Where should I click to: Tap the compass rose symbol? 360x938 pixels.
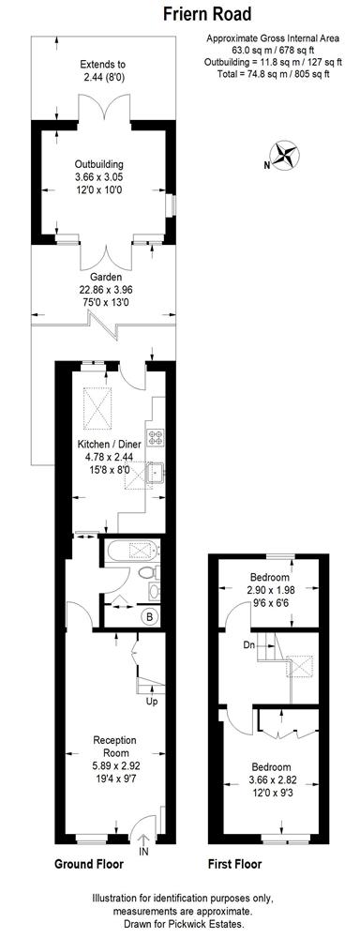(x=285, y=155)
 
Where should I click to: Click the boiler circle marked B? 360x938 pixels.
(x=148, y=616)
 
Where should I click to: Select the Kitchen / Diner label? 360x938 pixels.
(x=105, y=445)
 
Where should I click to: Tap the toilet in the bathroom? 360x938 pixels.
(x=149, y=573)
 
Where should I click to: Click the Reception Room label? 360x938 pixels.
(x=114, y=747)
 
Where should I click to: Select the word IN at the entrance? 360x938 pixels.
(x=142, y=851)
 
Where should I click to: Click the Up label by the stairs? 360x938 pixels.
(x=152, y=702)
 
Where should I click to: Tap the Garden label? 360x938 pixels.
(x=107, y=278)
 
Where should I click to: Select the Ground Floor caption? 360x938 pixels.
(x=89, y=864)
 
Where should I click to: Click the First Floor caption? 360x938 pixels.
(x=234, y=864)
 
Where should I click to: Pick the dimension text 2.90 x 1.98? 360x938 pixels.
(x=270, y=589)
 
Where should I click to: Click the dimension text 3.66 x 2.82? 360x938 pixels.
(x=271, y=779)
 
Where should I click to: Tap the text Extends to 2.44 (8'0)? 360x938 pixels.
(x=105, y=70)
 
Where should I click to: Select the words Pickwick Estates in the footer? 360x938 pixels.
(x=214, y=925)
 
